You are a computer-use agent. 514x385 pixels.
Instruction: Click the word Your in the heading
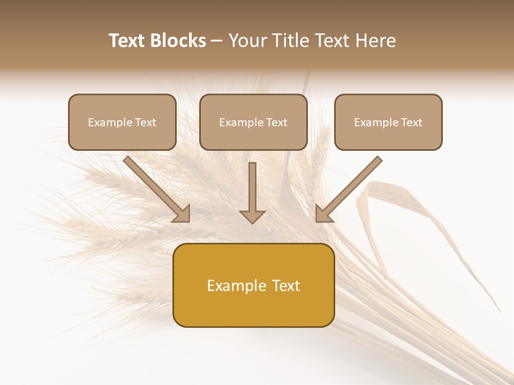tap(247, 41)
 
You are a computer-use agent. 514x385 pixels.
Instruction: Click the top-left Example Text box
tap(122, 122)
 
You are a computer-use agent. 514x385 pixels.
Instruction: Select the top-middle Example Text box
tap(253, 122)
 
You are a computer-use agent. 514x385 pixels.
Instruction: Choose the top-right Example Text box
tap(388, 122)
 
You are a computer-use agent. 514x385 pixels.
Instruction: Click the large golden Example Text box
tap(253, 285)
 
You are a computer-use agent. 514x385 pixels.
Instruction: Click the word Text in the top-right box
tap(411, 122)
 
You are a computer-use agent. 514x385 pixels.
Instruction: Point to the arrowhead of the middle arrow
tap(252, 215)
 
